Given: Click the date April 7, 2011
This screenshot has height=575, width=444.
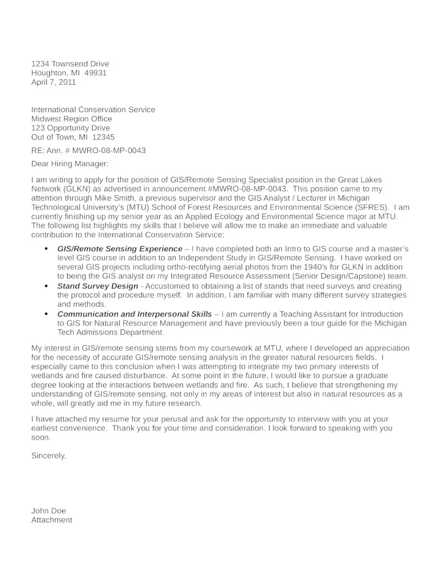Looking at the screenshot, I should point(54,82).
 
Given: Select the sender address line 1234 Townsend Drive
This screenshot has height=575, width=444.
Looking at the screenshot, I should point(70,64).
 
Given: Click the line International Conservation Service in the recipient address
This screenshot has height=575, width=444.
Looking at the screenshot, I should point(93,110).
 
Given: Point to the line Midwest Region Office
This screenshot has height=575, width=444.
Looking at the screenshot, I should point(72,119).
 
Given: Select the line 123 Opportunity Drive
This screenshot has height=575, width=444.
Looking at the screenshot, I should point(71,128).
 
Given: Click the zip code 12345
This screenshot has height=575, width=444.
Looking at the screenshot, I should point(103,137).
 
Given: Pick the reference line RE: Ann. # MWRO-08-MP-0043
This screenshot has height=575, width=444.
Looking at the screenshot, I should point(88,150).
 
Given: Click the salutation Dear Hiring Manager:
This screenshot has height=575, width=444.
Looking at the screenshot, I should point(70,163).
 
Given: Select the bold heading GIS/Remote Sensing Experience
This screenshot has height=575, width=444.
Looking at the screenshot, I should point(120,249).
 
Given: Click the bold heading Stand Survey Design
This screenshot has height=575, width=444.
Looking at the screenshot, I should point(98,286).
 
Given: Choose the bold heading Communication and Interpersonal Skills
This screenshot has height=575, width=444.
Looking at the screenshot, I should point(135,314).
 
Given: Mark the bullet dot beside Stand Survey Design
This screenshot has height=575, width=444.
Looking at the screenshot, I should point(46,286).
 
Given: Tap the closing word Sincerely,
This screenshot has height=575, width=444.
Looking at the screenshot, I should point(49,455).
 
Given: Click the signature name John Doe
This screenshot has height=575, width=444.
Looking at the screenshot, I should point(48,510).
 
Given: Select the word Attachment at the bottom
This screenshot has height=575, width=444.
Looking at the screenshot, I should point(52,520).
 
